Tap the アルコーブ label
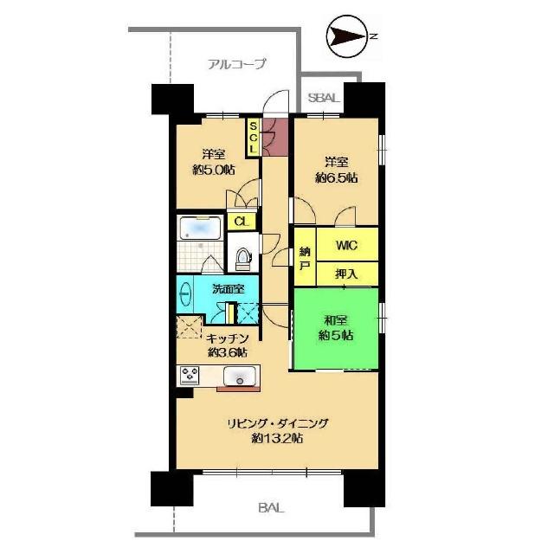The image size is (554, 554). [x=236, y=64]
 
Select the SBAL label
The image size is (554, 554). [x=324, y=98]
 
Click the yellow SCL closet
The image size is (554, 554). [x=253, y=137]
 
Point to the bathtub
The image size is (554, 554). [x=200, y=228]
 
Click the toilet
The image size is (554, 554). [x=242, y=258]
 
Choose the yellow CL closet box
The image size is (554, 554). [x=242, y=222]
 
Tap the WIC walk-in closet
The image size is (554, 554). [x=347, y=244]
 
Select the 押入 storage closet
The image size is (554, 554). [x=347, y=274]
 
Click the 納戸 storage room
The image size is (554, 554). [x=305, y=256]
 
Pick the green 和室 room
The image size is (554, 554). [x=336, y=329]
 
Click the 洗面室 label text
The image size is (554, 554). [x=229, y=289]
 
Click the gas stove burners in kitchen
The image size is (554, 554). [x=190, y=375]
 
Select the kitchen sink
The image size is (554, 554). [x=240, y=376]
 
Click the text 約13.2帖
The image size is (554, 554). [x=277, y=439]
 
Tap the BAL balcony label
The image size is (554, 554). [x=271, y=508]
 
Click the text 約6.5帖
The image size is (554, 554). [x=337, y=177]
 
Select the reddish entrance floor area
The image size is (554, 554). [x=275, y=137]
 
